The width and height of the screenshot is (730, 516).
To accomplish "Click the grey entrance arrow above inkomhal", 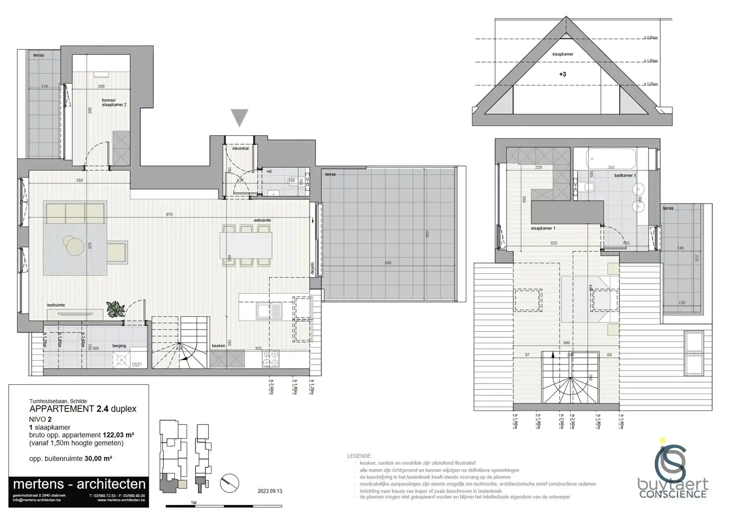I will [x=239, y=118].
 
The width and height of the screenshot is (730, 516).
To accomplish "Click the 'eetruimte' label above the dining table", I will [x=262, y=220].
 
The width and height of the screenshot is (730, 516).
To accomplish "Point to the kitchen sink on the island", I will [x=269, y=310].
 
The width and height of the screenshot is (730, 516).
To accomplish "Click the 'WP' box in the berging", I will [x=137, y=365].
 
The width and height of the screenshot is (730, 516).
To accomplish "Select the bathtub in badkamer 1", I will [x=611, y=158].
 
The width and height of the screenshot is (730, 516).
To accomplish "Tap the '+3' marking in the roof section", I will [x=562, y=74].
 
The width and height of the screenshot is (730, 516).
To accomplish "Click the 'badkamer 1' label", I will [x=625, y=175].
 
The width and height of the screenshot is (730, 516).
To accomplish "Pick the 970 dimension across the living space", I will [x=169, y=215].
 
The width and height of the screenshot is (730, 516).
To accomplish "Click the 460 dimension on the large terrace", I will [x=388, y=263].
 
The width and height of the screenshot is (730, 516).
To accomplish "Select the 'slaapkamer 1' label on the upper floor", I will [x=543, y=228].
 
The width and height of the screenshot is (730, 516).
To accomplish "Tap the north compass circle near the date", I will [x=230, y=484].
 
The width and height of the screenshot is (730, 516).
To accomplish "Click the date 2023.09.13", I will [x=270, y=491].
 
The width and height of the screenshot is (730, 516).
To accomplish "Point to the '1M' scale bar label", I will [x=194, y=502].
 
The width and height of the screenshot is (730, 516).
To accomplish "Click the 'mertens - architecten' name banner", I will [x=79, y=484].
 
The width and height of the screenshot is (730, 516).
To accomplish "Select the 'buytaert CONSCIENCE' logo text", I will [x=672, y=489].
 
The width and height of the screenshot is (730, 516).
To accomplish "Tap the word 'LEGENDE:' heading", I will [x=359, y=456].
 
